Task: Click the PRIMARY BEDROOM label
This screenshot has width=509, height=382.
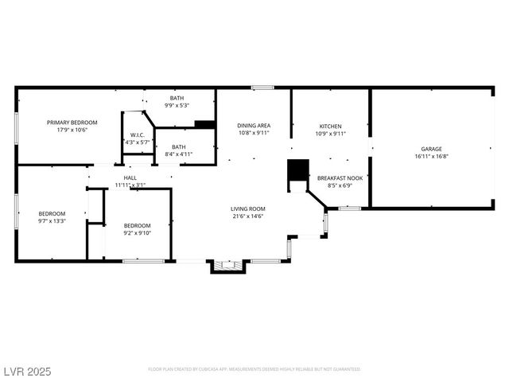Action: click(72, 122)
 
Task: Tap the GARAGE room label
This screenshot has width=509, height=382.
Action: click(431, 149)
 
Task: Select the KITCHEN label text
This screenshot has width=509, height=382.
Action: click(330, 127)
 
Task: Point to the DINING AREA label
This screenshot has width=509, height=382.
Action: click(254, 126)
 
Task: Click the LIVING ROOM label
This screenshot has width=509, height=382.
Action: click(247, 209)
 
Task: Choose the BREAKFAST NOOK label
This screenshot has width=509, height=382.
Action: click(340, 178)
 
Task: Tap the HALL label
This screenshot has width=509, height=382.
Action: click(130, 177)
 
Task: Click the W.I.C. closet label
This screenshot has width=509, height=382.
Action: click(137, 134)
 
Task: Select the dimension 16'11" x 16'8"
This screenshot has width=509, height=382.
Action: click(431, 157)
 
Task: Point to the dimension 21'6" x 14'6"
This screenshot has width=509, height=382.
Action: click(247, 216)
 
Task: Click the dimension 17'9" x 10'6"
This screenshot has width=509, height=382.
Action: click(72, 130)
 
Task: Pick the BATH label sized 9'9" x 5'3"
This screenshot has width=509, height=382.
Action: click(176, 98)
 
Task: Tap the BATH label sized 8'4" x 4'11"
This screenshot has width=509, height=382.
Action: click(179, 146)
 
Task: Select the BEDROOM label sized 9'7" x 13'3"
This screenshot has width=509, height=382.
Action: click(52, 213)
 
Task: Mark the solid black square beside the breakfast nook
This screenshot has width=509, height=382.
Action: click(297, 170)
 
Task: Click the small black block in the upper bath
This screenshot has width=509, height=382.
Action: click(204, 124)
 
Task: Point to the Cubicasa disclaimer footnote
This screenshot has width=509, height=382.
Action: click(254, 369)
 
